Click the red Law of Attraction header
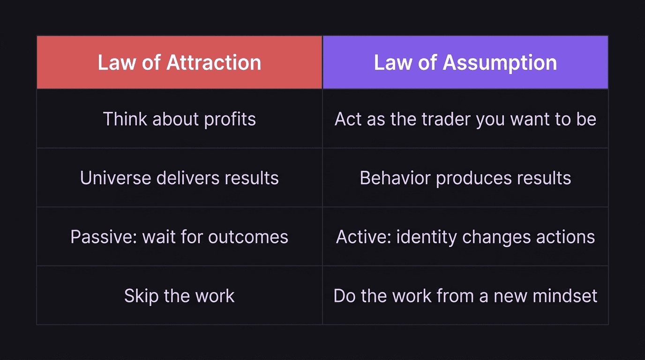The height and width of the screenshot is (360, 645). (x=180, y=62)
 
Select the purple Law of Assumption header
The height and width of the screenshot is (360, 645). (x=465, y=62)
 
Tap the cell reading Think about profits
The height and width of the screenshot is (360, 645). (x=180, y=119)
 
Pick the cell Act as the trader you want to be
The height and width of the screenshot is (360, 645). (x=465, y=119)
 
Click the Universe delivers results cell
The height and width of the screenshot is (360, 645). (x=180, y=178)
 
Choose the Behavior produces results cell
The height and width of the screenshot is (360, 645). (x=465, y=178)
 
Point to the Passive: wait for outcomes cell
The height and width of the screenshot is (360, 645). (x=180, y=237)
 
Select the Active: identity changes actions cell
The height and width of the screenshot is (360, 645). (x=465, y=237)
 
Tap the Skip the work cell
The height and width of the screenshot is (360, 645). (x=180, y=296)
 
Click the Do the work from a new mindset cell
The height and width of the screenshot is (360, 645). (x=465, y=296)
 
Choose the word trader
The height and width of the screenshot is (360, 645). (x=446, y=119)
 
